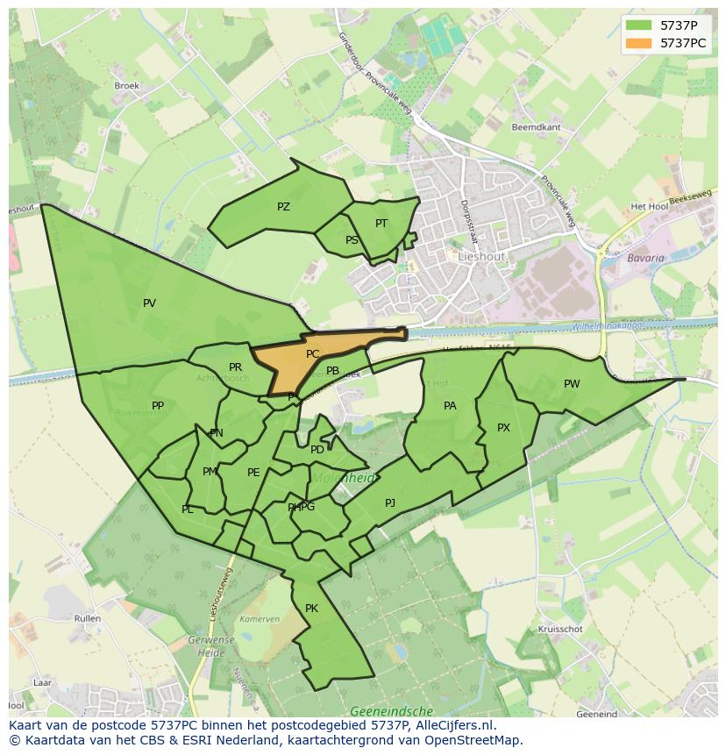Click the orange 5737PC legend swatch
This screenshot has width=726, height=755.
(639, 43)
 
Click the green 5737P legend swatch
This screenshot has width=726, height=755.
(639, 25)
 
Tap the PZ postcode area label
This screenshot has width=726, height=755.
(283, 207)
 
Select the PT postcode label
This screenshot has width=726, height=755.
(381, 224)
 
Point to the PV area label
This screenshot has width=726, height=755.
(149, 303)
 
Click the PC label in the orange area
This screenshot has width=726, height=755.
(312, 354)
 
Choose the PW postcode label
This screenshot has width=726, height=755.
(572, 384)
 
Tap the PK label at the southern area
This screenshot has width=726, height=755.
(311, 609)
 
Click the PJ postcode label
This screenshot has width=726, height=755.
(390, 502)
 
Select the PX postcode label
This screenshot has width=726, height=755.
(503, 428)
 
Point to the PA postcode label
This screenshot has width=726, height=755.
(450, 406)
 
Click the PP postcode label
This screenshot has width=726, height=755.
(158, 406)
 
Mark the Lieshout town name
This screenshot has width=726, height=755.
(481, 256)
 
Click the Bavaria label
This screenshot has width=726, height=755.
(645, 259)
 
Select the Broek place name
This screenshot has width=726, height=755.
(127, 86)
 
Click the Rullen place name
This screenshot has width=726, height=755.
(88, 618)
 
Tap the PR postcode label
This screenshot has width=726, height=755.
(235, 367)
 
